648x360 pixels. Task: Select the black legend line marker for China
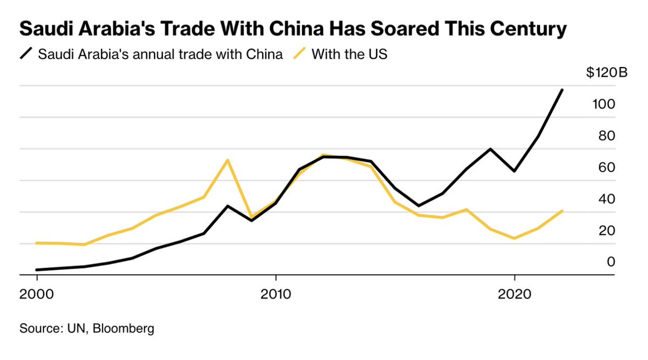pos(26,54)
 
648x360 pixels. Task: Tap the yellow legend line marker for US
pos(300,54)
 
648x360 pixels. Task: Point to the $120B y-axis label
pos(606,73)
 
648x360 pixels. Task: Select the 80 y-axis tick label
pos(607,135)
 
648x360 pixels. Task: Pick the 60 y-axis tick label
pos(607,167)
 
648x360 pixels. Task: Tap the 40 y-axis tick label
pos(607,199)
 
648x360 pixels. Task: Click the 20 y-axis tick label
pos(607,230)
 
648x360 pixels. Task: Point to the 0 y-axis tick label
pos(611,262)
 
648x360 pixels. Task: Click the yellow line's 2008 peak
pos(228,160)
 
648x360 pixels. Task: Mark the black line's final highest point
pos(562,90)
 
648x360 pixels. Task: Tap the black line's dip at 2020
pos(515,171)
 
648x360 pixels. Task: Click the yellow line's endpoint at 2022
pos(562,211)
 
